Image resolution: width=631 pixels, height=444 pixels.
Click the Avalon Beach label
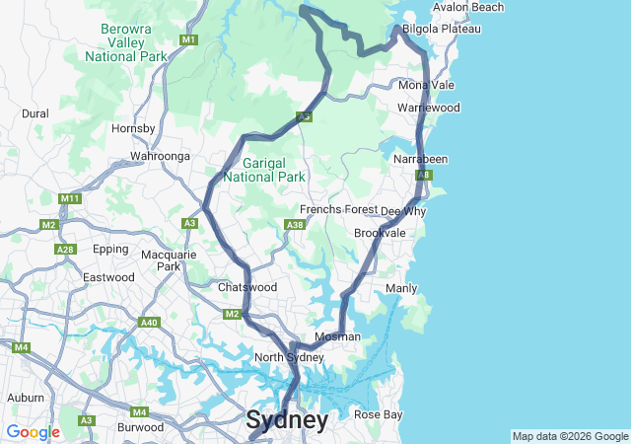(467, 7)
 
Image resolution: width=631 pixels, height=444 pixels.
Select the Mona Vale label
(427, 86)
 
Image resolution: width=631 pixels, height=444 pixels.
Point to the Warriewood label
(429, 107)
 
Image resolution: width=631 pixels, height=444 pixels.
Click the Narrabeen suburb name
(421, 159)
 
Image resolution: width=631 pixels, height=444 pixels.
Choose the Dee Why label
(403, 211)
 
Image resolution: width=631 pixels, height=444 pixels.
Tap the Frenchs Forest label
(338, 210)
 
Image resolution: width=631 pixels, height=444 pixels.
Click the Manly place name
(401, 288)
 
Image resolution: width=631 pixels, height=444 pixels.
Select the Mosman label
(337, 336)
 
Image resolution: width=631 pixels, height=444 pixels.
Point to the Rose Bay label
(378, 414)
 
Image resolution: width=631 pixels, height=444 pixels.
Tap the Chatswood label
(247, 287)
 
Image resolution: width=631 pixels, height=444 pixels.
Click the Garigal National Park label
(264, 170)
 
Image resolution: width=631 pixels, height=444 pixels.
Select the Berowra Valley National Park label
(125, 43)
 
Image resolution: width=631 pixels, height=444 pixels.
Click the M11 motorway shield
(69, 198)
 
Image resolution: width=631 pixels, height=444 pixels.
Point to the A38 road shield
(294, 225)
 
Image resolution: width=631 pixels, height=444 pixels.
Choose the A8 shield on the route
(422, 175)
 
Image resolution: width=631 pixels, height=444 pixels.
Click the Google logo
(33, 432)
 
